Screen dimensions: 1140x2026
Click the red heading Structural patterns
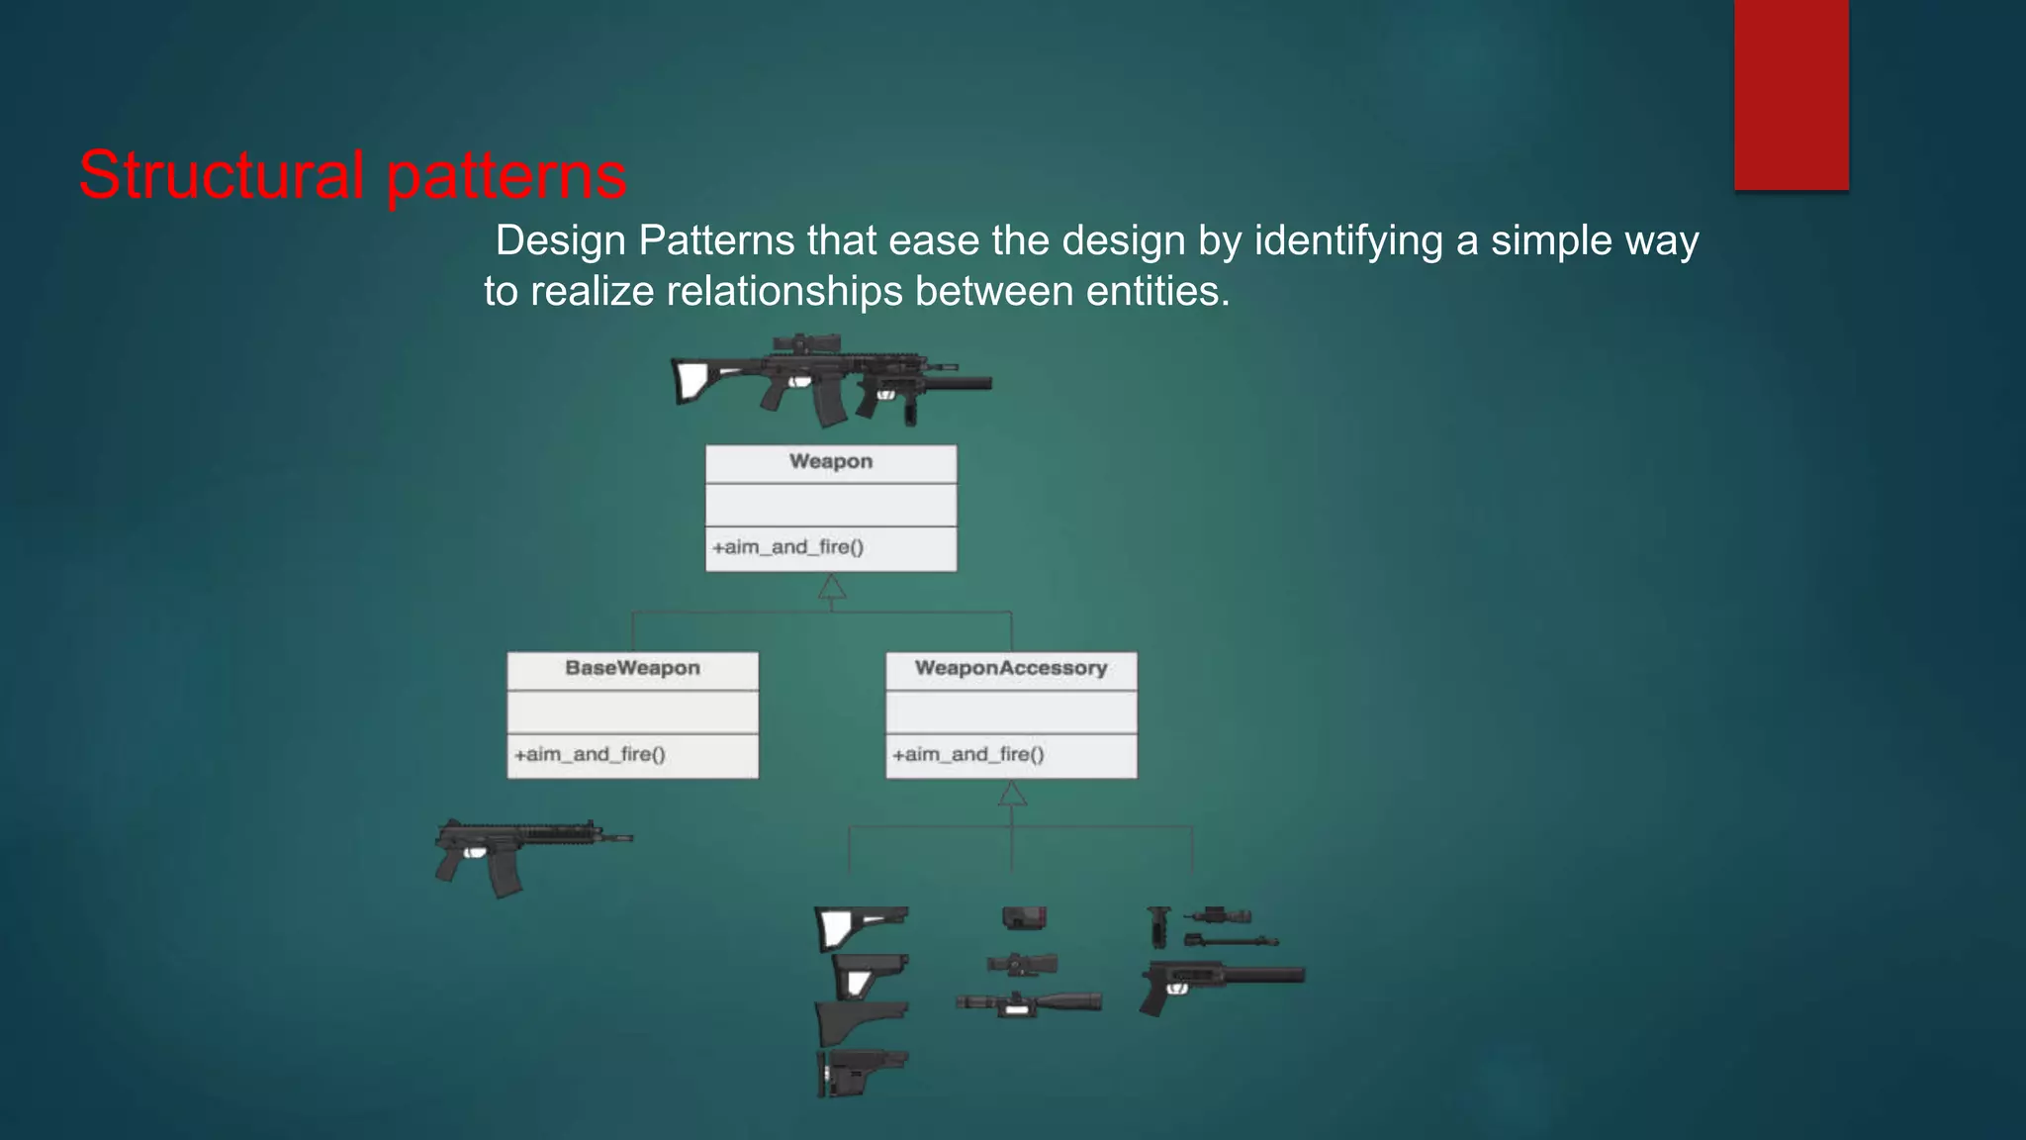tap(352, 175)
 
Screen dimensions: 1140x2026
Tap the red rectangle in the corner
tap(1791, 94)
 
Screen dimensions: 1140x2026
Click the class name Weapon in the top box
tap(831, 461)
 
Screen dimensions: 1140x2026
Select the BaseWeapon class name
tap(632, 668)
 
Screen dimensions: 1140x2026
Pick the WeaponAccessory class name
tap(1010, 668)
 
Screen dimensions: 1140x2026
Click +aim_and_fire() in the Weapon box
tap(787, 547)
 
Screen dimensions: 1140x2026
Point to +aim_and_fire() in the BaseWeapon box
tap(590, 754)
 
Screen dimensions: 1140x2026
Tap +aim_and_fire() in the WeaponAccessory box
tap(967, 754)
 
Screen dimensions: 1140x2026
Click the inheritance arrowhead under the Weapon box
tap(832, 588)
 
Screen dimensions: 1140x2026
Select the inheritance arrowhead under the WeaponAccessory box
tap(1011, 794)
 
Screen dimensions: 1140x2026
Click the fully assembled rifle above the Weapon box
tap(831, 381)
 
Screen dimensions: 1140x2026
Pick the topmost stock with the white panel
tap(861, 927)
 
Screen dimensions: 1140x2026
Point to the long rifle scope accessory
tap(1029, 1003)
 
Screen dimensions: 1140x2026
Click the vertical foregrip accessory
tap(1158, 926)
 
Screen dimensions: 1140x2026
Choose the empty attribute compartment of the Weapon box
tap(831, 505)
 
